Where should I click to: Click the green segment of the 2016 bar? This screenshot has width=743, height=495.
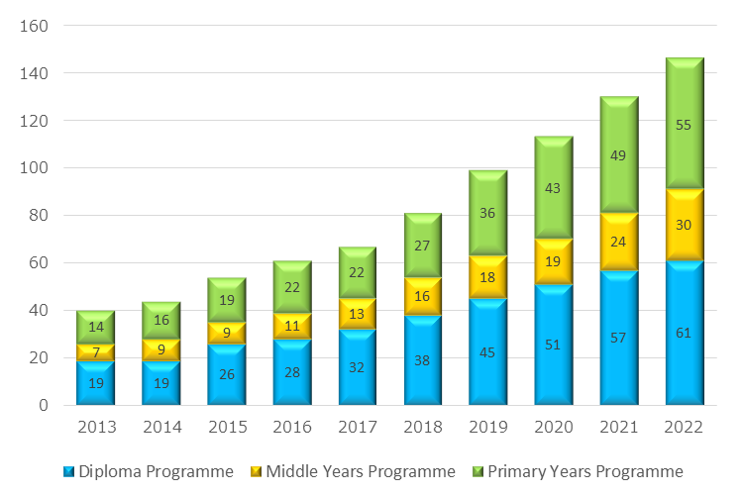pyautogui.click(x=292, y=275)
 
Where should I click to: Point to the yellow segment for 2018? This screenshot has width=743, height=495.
pyautogui.click(x=423, y=310)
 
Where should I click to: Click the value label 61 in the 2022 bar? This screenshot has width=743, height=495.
pyautogui.click(x=685, y=333)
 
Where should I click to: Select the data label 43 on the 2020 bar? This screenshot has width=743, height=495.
pyautogui.click(x=554, y=188)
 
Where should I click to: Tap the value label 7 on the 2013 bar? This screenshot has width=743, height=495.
pyautogui.click(x=96, y=352)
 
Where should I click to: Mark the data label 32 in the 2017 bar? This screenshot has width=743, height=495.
pyautogui.click(x=358, y=367)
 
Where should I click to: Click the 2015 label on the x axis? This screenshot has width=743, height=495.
pyautogui.click(x=227, y=428)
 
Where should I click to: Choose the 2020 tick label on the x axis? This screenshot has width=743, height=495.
pyautogui.click(x=554, y=428)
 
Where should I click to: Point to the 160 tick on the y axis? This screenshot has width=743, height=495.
pyautogui.click(x=36, y=26)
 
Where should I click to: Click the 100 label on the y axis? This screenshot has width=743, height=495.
pyautogui.click(x=36, y=168)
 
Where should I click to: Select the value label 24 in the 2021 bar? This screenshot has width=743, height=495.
pyautogui.click(x=619, y=241)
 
